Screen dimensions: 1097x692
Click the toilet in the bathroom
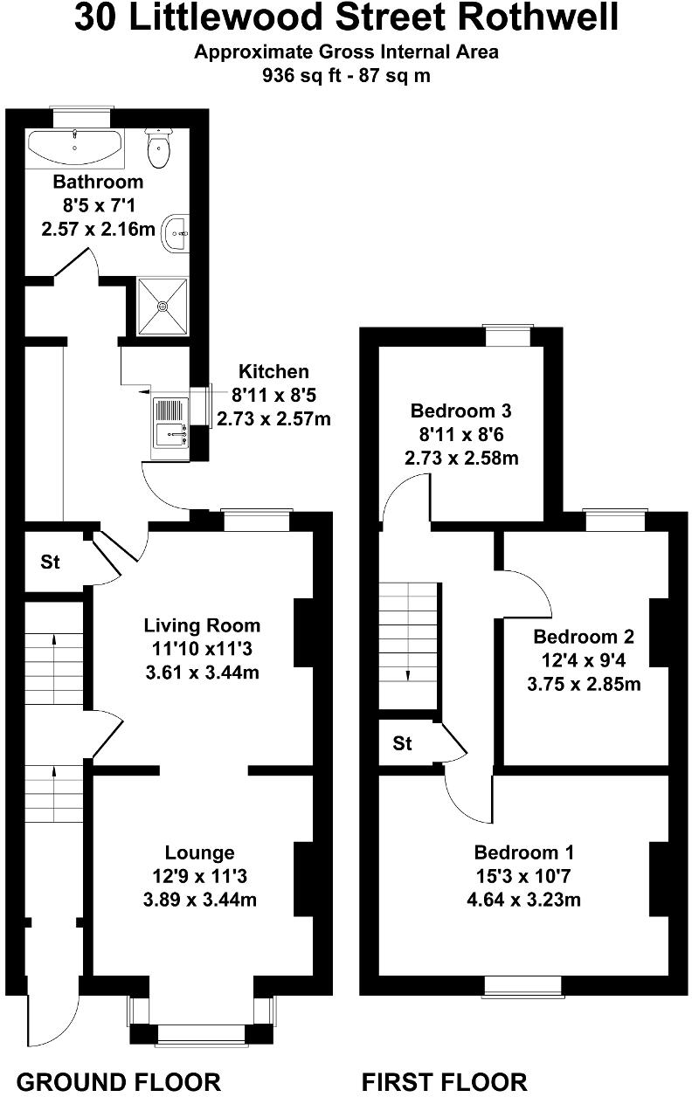[x=158, y=149]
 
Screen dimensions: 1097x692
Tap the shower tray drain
[x=163, y=306]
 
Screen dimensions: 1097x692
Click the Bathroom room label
[x=98, y=183]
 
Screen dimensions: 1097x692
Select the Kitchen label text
[x=273, y=372]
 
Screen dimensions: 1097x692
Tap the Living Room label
[x=202, y=625]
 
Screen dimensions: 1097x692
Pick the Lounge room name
[x=200, y=852]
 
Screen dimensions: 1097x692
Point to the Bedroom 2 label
[x=584, y=636]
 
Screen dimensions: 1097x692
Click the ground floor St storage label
[x=51, y=562]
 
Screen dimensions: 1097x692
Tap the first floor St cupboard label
[x=402, y=744]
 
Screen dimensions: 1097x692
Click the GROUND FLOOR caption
[x=119, y=1082]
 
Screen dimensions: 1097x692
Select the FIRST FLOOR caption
[x=445, y=1082]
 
